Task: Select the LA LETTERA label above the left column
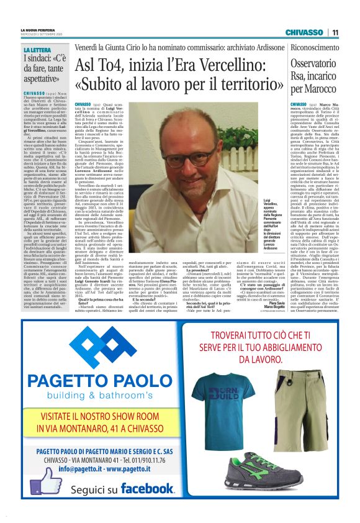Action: (x=37, y=50)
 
